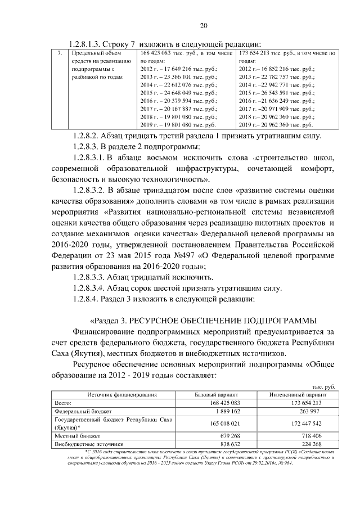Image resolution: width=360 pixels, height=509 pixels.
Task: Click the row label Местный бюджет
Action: coord(77,435)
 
